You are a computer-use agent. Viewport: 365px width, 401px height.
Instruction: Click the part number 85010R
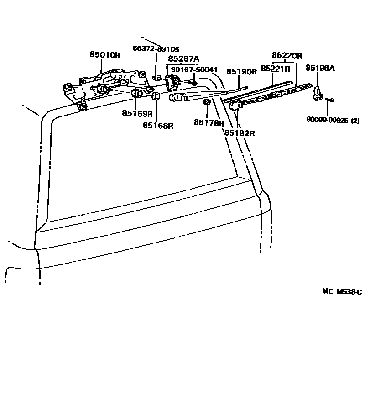(104, 55)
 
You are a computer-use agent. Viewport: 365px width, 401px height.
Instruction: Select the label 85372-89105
(156, 49)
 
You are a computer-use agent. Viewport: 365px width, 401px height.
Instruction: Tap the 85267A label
(183, 59)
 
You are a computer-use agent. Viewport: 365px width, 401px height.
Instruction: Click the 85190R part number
(242, 72)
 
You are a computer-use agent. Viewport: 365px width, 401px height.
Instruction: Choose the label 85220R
(287, 56)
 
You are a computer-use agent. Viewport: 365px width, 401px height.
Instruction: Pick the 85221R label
(276, 69)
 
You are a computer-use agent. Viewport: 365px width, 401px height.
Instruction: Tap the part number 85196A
(320, 68)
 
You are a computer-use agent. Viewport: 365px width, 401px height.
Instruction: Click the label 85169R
(137, 113)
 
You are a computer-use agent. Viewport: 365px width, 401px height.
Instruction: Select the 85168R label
(158, 125)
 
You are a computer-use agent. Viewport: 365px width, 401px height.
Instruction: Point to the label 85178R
(209, 122)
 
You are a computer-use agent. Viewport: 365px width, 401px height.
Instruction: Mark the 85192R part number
(239, 133)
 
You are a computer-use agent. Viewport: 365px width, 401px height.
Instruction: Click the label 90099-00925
(327, 121)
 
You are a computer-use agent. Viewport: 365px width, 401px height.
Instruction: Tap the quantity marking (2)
(355, 121)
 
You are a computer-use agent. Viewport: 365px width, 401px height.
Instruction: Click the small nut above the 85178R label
(206, 101)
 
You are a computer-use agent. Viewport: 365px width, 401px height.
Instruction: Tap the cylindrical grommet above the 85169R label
(136, 94)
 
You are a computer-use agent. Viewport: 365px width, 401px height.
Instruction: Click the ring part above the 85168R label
(155, 96)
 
